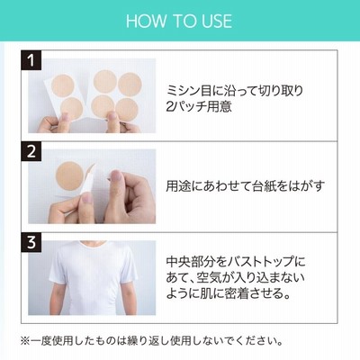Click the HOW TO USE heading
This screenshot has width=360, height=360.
click(179, 21)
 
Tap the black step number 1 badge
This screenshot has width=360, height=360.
click(31, 60)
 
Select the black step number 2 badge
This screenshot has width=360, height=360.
click(31, 151)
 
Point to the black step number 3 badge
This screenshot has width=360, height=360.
click(31, 242)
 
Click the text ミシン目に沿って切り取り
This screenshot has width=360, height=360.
click(235, 91)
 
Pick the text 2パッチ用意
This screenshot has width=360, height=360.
click(199, 106)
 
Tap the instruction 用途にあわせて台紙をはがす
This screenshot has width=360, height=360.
click(246, 186)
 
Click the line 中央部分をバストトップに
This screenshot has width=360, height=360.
click(236, 262)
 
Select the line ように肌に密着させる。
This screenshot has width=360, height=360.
click(229, 293)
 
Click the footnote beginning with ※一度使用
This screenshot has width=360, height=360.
click(151, 341)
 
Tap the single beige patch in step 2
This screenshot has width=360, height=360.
click(69, 175)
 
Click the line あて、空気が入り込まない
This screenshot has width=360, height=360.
click(236, 277)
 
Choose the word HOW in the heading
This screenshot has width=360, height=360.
click(147, 21)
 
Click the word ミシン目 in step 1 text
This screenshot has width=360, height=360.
click(185, 91)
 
